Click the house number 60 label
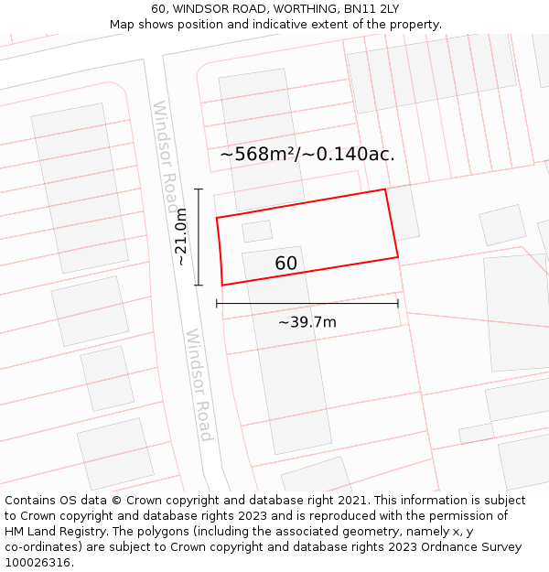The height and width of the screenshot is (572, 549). [285, 264]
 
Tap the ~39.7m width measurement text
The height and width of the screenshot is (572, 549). [307, 321]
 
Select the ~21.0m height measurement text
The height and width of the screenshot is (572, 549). [181, 237]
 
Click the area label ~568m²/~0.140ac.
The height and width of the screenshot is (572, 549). [307, 154]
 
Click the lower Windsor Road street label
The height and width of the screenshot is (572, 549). [199, 384]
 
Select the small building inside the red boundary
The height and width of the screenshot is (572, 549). [257, 231]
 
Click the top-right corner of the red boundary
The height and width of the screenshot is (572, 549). [385, 189]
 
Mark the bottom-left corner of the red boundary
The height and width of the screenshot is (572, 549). [222, 285]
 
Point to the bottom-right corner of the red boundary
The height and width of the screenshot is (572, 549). [398, 257]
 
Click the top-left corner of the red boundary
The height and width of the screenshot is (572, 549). [217, 218]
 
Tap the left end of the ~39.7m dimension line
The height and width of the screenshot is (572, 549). [217, 303]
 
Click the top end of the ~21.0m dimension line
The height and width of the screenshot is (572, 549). [199, 189]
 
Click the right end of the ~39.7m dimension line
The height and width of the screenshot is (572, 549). [398, 303]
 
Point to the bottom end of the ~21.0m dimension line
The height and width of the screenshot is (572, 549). [199, 285]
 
